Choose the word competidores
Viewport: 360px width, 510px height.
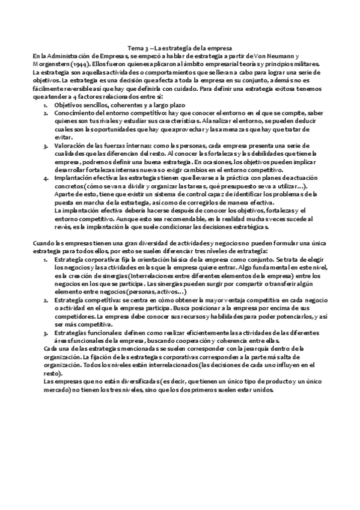73,315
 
